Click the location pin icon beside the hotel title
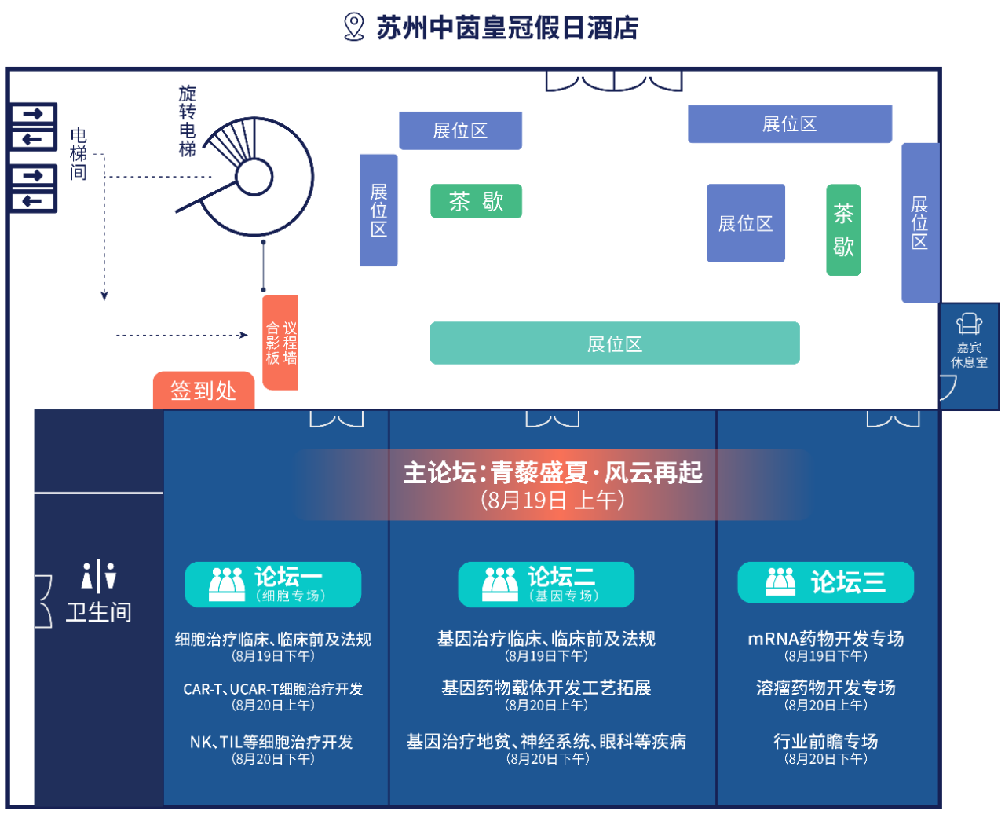point(354,27)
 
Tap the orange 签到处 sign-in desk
point(203,390)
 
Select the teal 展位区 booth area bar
point(615,343)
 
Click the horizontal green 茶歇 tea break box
point(476,201)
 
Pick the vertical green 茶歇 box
point(843,229)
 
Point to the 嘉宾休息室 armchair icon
point(969,324)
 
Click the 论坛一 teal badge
point(272,584)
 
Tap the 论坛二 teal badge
point(546,584)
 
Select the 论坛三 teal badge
point(825,582)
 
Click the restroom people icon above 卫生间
point(99,577)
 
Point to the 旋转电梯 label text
point(187,121)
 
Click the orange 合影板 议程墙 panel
point(280,343)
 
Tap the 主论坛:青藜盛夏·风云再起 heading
point(553,473)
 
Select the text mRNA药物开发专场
point(825,639)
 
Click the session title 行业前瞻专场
point(825,741)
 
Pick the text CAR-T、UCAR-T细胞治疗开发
point(272,689)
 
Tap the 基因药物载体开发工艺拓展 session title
point(546,688)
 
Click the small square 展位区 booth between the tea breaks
point(746,223)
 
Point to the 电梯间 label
point(79,154)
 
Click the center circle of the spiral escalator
point(254,177)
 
